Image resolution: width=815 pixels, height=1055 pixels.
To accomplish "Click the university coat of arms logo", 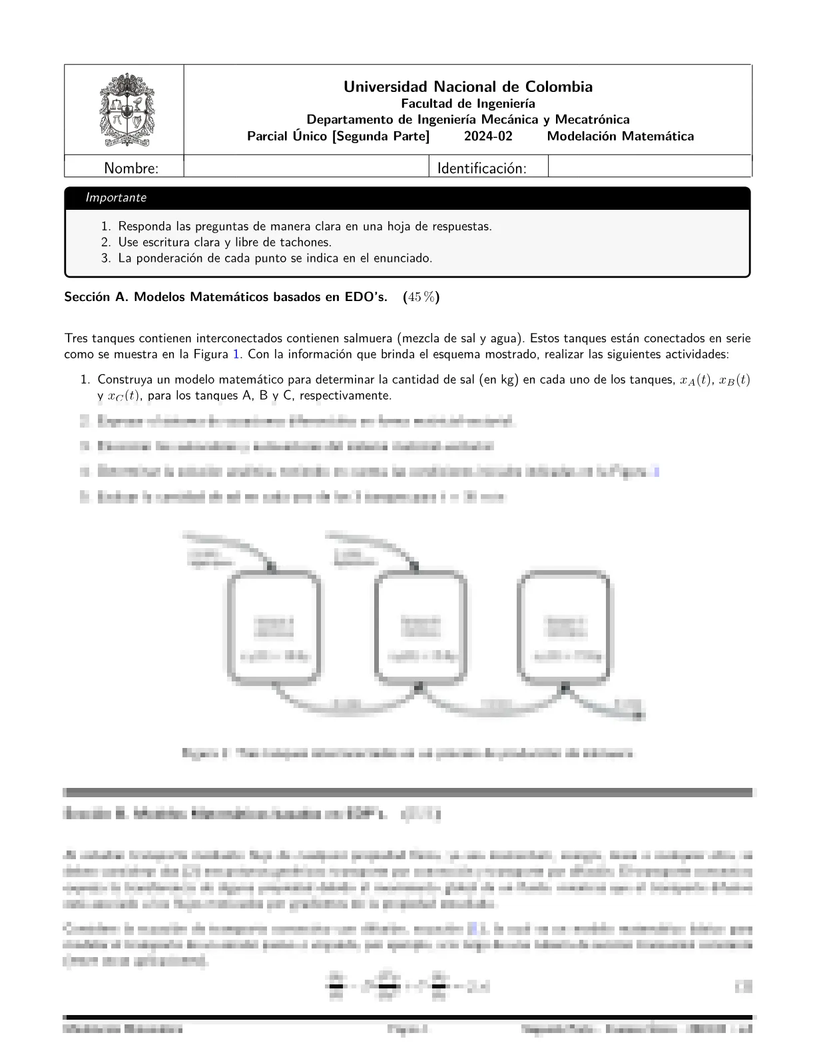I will (124, 109).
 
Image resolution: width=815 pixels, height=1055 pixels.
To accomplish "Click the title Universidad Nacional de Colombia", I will (467, 87).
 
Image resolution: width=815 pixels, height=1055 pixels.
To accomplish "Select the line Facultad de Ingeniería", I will (467, 103).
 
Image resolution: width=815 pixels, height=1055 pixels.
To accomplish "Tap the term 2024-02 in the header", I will (489, 137).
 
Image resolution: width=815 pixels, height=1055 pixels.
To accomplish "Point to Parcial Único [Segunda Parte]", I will (338, 137).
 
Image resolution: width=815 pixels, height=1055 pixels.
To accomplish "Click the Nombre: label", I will (131, 169).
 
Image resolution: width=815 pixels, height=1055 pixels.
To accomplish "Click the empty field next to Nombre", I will (306, 167).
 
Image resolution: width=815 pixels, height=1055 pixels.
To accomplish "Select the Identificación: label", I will (481, 169).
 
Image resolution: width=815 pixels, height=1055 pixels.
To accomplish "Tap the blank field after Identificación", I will (649, 167).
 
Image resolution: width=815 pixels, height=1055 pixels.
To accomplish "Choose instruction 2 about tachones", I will (224, 242).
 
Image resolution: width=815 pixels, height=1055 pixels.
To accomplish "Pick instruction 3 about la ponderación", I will (275, 258).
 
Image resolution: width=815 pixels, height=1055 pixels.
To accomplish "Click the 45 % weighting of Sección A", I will (422, 297).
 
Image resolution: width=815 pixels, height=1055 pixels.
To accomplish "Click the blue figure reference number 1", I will (236, 354).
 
